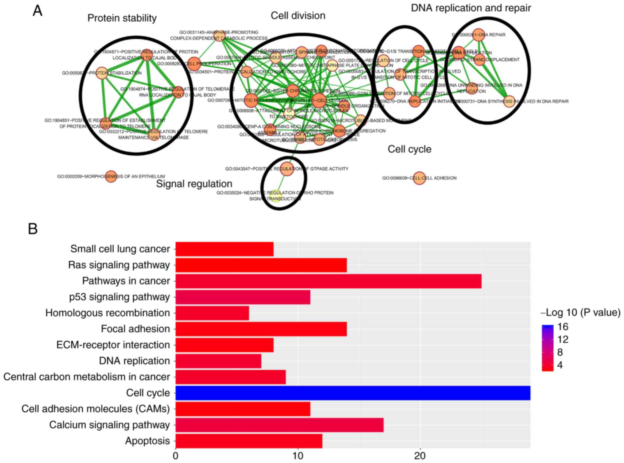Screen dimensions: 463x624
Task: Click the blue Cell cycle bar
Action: pyautogui.click(x=353, y=393)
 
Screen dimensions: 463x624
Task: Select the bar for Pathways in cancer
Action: pyautogui.click(x=328, y=281)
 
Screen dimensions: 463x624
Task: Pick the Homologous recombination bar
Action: pyautogui.click(x=212, y=313)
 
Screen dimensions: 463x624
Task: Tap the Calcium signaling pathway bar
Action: pyautogui.click(x=279, y=425)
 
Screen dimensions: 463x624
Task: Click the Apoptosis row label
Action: pyautogui.click(x=147, y=441)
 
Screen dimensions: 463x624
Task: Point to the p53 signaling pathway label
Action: pyautogui.click(x=119, y=297)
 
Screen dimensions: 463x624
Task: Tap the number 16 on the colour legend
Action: pyautogui.click(x=563, y=327)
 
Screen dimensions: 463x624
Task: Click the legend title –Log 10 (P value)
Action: pyautogui.click(x=580, y=312)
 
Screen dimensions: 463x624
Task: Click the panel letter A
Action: pyautogui.click(x=37, y=11)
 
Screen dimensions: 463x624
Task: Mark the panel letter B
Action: pyautogui.click(x=33, y=229)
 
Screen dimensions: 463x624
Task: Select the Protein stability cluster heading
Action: pyautogui.click(x=122, y=18)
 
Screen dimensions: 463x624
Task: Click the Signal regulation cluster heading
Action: pyautogui.click(x=194, y=184)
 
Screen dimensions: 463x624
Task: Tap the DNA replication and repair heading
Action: pyautogui.click(x=471, y=8)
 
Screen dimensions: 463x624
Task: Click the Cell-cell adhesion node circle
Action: pyautogui.click(x=419, y=178)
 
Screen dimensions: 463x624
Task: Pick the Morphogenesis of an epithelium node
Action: pyautogui.click(x=111, y=176)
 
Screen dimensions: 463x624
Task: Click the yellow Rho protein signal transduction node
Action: pyautogui.click(x=275, y=195)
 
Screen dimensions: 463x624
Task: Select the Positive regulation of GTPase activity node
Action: pyautogui.click(x=287, y=169)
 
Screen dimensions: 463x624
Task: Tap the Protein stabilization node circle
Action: pyautogui.click(x=102, y=73)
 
